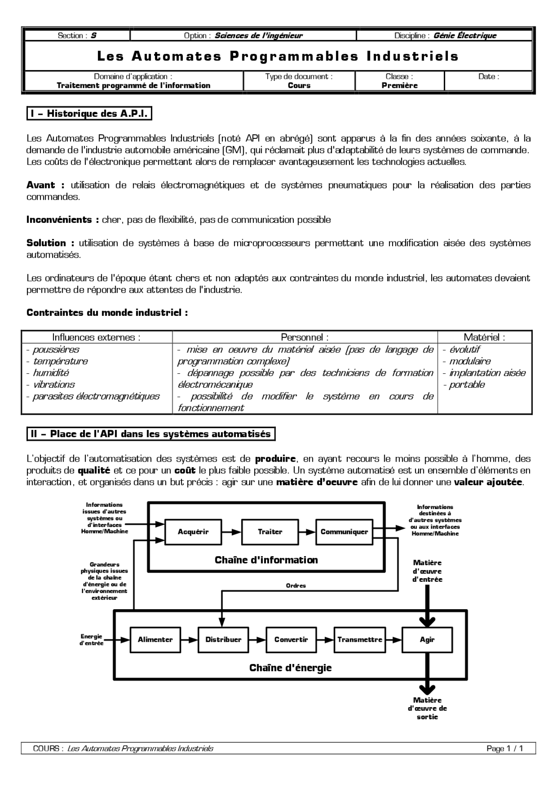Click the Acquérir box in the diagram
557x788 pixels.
pos(193,532)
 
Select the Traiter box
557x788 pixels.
pos(270,532)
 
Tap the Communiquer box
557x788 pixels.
pos(344,532)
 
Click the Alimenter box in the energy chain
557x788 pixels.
pos(155,640)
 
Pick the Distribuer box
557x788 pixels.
pos(223,640)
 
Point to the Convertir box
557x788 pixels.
pos(291,640)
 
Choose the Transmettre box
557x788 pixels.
pos(359,640)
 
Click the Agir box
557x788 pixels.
pos(427,640)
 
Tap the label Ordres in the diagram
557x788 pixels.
pos(296,586)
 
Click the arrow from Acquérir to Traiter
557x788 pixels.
pos(231,532)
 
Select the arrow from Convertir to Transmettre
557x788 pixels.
pos(325,640)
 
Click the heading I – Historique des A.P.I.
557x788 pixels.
pos(89,114)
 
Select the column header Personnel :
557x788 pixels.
pos(305,337)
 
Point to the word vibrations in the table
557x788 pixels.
pos(54,385)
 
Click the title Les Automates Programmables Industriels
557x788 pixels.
pos(278,56)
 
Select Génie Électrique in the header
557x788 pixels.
pos(465,36)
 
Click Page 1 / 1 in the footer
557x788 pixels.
pos(505,748)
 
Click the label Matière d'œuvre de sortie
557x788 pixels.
pos(427,708)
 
